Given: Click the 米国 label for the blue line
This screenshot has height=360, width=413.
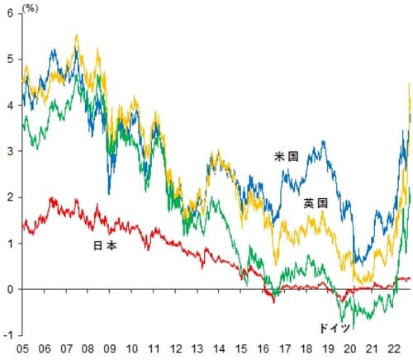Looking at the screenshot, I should coord(287,155).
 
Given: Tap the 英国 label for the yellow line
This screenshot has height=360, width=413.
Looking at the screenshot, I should coord(315,203).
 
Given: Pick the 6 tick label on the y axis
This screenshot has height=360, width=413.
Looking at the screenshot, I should coord(10,13).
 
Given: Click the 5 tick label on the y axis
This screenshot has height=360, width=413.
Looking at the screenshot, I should coord(10,59).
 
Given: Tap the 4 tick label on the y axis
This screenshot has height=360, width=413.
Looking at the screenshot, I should coord(10,106).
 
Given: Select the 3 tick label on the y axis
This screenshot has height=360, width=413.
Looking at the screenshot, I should coord(10,152).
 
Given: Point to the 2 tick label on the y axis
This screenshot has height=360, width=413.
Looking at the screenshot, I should coord(10,198).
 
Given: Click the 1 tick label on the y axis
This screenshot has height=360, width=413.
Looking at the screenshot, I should coord(10,244).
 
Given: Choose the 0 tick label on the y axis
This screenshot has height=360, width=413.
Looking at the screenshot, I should coord(10,290).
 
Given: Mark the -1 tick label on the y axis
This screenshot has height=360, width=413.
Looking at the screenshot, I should coord(8,336).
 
